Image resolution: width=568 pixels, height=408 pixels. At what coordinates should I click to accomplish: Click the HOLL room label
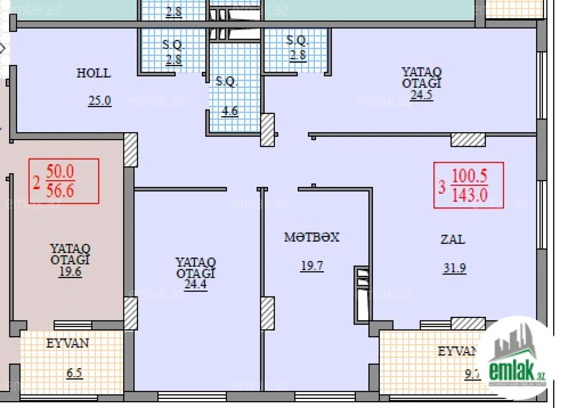94,73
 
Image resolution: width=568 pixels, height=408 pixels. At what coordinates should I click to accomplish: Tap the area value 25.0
100,101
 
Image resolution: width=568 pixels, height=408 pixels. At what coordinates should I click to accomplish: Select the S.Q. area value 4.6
230,111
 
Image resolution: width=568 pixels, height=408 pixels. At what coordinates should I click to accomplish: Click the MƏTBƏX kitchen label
312,237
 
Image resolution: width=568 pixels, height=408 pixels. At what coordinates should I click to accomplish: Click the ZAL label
453,239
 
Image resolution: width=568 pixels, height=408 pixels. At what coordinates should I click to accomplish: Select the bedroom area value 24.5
421,95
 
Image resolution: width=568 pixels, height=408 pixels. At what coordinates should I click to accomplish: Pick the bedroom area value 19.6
70,272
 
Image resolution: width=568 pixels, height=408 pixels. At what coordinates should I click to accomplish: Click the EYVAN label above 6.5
68,343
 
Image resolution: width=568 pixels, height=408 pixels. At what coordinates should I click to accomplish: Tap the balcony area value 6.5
75,373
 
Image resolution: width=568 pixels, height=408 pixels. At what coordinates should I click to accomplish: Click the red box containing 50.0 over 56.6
64,181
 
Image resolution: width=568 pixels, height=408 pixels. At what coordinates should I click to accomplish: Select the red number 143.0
470,196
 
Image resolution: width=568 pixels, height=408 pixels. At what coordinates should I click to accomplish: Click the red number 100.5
470,176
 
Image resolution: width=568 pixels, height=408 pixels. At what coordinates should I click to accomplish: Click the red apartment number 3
442,187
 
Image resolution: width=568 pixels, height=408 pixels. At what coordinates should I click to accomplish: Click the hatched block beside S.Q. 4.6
267,130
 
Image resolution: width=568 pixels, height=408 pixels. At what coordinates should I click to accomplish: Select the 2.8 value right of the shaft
298,55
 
